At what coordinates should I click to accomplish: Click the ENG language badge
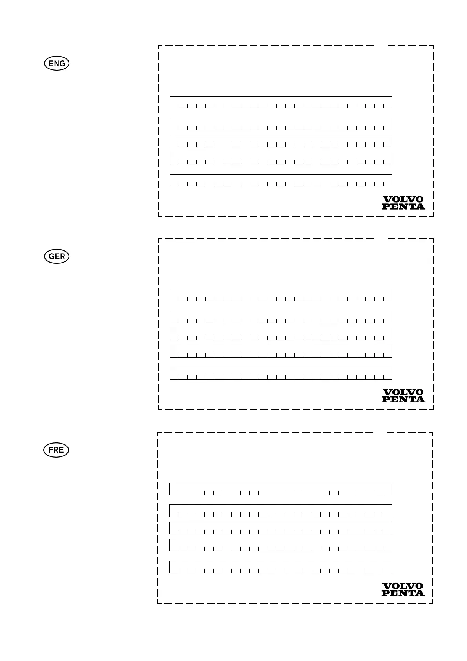57,64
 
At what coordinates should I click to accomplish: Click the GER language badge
57,257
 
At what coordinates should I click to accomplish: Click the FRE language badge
56,450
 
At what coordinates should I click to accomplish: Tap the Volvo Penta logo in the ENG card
403,203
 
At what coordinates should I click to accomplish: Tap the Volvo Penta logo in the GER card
403,396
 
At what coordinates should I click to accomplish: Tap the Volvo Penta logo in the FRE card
403,590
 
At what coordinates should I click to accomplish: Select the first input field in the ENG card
281,102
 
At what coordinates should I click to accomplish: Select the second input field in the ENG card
281,124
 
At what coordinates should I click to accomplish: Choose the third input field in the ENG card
281,141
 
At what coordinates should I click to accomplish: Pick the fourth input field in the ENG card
281,158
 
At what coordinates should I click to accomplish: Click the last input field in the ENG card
281,180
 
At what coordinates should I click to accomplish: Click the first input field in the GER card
281,295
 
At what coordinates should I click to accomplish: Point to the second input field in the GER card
281,317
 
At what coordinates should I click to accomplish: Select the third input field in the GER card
281,334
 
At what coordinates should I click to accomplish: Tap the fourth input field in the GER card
281,351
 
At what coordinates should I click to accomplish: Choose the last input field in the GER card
281,373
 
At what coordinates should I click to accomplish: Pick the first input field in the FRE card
280,489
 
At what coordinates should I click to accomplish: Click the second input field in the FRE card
280,511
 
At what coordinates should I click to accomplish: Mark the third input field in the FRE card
280,528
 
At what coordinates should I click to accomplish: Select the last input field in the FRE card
280,567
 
